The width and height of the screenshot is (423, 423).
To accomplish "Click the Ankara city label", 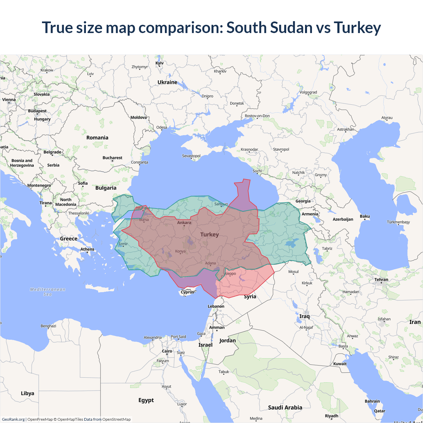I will pyautogui.click(x=184, y=222).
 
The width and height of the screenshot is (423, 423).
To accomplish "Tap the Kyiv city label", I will pyautogui.click(x=160, y=63).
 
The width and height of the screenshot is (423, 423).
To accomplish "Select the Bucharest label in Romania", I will pyautogui.click(x=112, y=158).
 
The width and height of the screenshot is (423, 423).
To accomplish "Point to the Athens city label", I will pyautogui.click(x=87, y=249).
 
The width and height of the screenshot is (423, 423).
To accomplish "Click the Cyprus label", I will pyautogui.click(x=187, y=292).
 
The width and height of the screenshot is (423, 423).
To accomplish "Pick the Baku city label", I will pyautogui.click(x=365, y=216).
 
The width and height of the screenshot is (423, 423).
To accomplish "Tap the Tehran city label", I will pyautogui.click(x=381, y=280).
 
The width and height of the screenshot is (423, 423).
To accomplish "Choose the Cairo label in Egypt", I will pyautogui.click(x=167, y=351).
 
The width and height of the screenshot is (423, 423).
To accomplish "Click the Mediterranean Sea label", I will pyautogui.click(x=48, y=291).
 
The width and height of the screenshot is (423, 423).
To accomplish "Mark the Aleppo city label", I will pyautogui.click(x=230, y=273).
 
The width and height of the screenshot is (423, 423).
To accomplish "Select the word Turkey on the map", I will pyautogui.click(x=210, y=234).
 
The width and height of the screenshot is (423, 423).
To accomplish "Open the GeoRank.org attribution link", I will pyautogui.click(x=13, y=419).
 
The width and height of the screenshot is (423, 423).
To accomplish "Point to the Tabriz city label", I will pyautogui.click(x=327, y=249).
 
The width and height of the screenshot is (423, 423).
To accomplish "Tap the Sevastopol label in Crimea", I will pyautogui.click(x=191, y=156).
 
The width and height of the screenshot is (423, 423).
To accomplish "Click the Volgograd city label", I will pyautogui.click(x=308, y=92).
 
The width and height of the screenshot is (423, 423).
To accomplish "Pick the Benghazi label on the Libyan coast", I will pyautogui.click(x=48, y=326).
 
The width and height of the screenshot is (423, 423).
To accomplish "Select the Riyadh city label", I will pyautogui.click(x=331, y=416).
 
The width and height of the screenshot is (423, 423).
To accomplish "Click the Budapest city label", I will pyautogui.click(x=37, y=111).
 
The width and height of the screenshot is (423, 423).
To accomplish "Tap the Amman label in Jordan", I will pyautogui.click(x=217, y=327).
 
